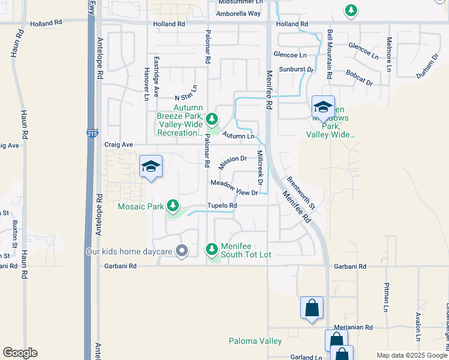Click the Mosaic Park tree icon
click(x=173, y=206)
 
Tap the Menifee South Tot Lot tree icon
click(x=211, y=248)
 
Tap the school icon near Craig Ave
click(x=151, y=167)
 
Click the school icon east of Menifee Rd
click(x=323, y=107)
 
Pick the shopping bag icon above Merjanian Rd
click(x=312, y=309)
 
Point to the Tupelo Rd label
click(x=222, y=206)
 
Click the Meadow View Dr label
click(x=234, y=188)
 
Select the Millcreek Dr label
click(x=260, y=167)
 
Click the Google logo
click(x=20, y=353)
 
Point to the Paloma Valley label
click(x=255, y=341)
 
